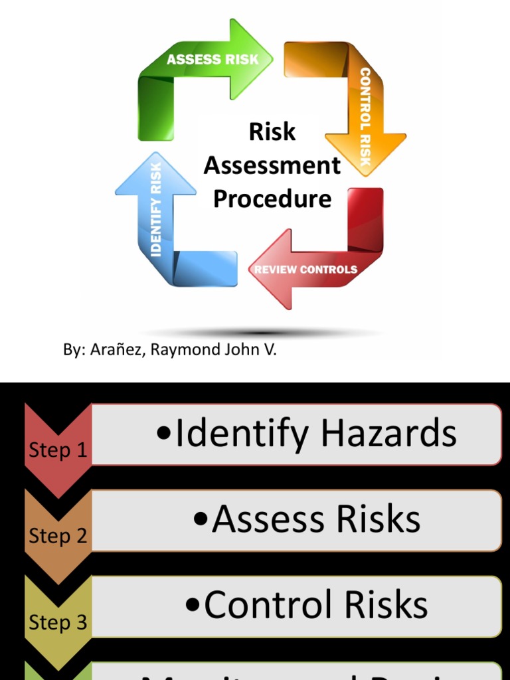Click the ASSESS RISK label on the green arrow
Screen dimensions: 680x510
(212, 59)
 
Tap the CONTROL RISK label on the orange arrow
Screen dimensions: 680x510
(365, 117)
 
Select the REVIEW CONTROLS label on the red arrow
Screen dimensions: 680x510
(305, 270)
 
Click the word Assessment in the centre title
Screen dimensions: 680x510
(272, 165)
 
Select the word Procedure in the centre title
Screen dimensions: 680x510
(272, 199)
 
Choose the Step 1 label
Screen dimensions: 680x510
(58, 450)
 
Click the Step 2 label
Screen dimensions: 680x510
(58, 536)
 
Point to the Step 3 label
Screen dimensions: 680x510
(58, 622)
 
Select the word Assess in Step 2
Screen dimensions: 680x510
(268, 519)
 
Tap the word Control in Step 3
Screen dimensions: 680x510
(268, 605)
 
